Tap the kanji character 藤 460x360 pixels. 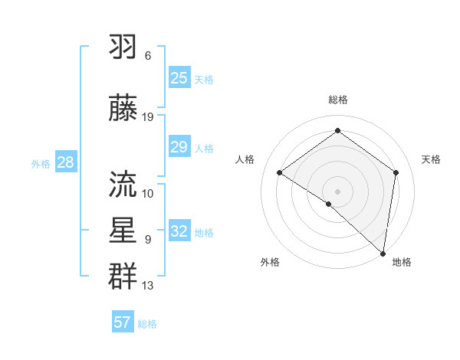[123, 106]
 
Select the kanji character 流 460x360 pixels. [123, 183]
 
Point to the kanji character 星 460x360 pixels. [123, 230]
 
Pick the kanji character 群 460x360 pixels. [123, 275]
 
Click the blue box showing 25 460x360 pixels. [179, 78]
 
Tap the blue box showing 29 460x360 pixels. [179, 147]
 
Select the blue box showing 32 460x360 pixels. [179, 231]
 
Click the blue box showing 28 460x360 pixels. [65, 162]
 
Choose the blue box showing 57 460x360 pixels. [123, 322]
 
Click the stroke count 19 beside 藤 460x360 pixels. [148, 117]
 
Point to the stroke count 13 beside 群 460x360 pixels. [148, 286]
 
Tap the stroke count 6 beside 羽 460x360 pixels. [148, 56]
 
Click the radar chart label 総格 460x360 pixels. [337, 100]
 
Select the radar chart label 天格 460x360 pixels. [431, 159]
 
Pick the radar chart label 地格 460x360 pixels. [402, 262]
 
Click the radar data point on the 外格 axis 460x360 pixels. [329, 204]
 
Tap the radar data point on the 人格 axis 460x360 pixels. [280, 173]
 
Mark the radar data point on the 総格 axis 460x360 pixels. [337, 131]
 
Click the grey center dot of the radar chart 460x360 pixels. [337, 191]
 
